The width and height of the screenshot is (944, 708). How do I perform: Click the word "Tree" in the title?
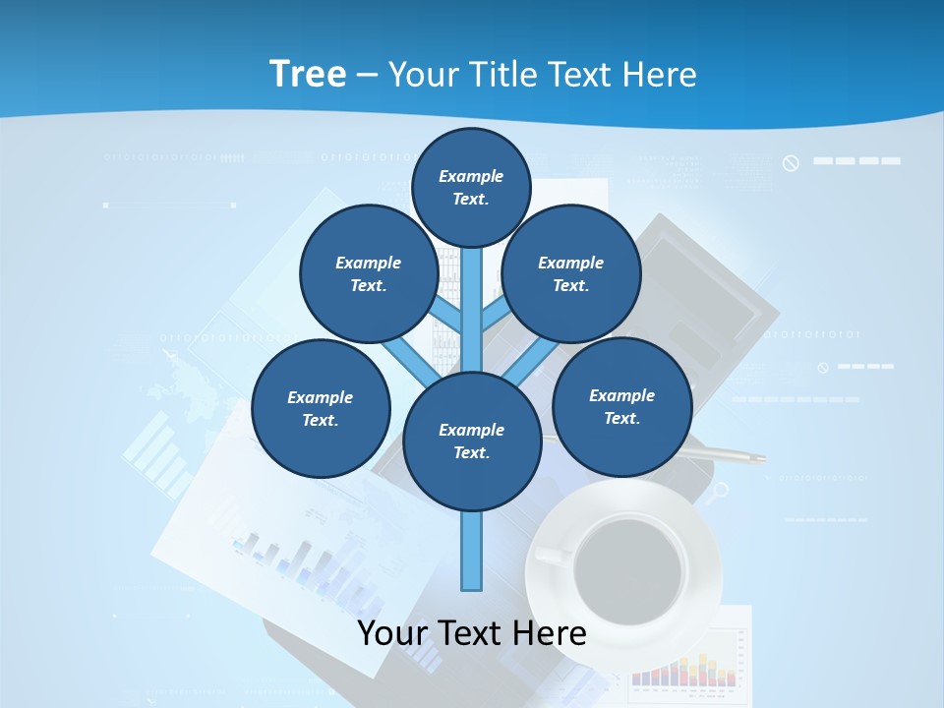pos(308,74)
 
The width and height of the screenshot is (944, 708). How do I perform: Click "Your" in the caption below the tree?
pos(394,632)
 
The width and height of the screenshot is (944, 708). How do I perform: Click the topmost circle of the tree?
pos(471,187)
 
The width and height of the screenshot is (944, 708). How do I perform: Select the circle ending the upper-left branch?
pos(369,273)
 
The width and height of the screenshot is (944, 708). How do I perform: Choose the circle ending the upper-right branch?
pos(571,273)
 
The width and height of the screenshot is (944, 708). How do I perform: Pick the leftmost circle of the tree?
pos(321,408)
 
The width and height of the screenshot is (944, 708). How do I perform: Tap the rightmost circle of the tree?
pos(622,406)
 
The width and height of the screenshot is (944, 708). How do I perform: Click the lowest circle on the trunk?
pos(472,441)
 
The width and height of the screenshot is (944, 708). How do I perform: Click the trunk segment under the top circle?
pos(472,295)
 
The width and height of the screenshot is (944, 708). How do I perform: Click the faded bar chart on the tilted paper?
pos(295,560)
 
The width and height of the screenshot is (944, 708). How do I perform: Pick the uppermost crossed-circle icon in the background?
pos(791,163)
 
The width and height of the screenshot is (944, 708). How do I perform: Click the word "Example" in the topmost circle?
pos(471,176)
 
